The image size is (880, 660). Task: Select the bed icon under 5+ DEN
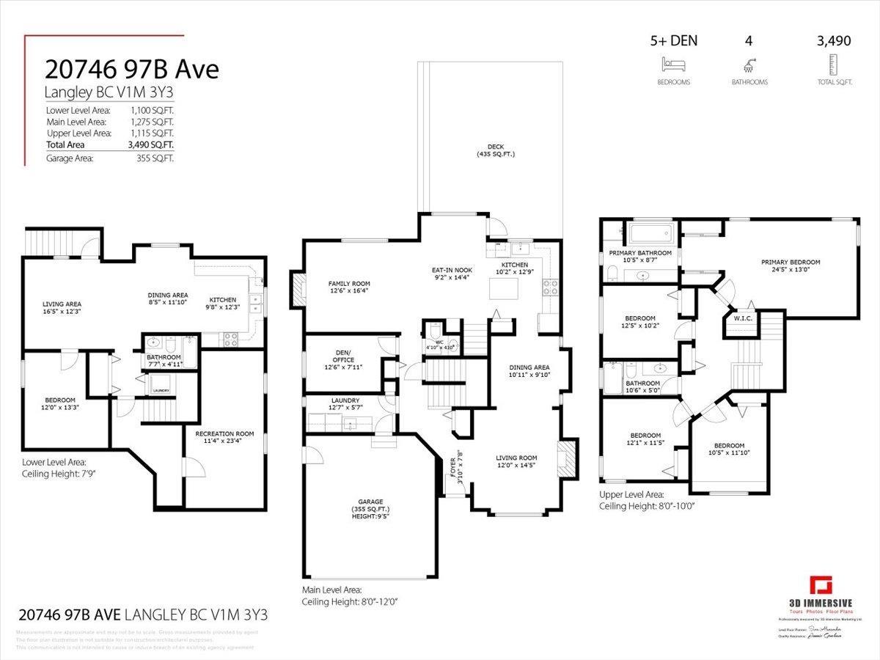pos(673,64)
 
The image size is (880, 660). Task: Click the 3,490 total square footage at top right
pos(834,41)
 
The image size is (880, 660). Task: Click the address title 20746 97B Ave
pos(132,69)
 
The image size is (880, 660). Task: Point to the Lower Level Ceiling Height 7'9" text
pos(59,474)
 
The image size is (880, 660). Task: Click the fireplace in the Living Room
pos(566,458)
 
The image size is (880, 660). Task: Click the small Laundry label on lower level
pos(161,391)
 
